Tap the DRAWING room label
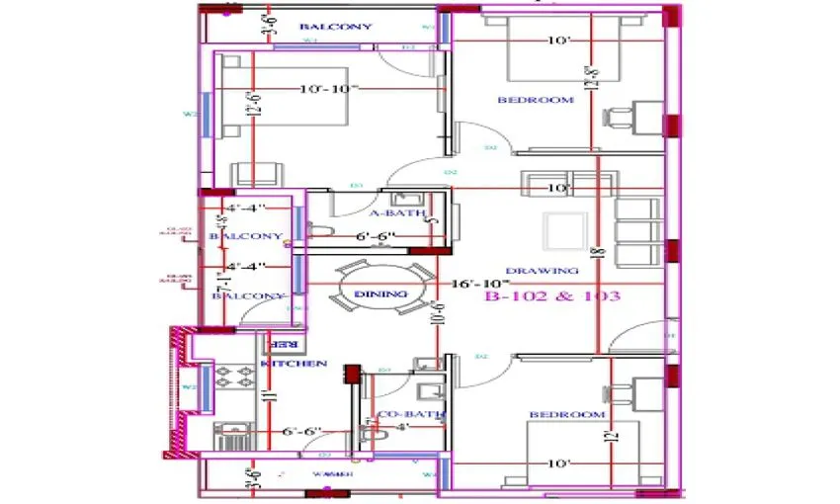[x=542, y=271]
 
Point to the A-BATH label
[x=397, y=213]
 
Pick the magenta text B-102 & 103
[x=552, y=295]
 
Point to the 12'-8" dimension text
[x=592, y=75]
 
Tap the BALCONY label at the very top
[x=335, y=26]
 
